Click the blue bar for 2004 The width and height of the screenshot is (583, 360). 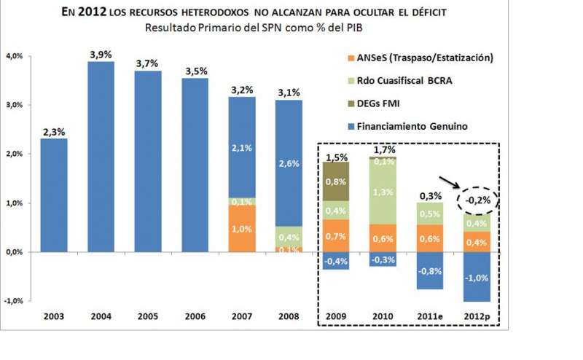pyautogui.click(x=101, y=157)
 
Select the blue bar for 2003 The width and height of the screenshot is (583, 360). pyautogui.click(x=53, y=195)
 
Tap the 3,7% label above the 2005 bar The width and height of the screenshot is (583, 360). pyautogui.click(x=148, y=64)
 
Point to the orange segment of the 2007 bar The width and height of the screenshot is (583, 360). pyautogui.click(x=242, y=229)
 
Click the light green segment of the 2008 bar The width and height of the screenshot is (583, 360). pyautogui.click(x=289, y=238)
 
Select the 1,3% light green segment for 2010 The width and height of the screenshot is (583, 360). pyautogui.click(x=383, y=192)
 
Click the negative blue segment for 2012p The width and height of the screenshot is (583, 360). pyautogui.click(x=477, y=276)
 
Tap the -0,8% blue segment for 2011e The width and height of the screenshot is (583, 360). pyautogui.click(x=431, y=270)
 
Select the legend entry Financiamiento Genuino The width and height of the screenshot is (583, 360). pyautogui.click(x=418, y=127)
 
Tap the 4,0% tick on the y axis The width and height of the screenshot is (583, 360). pyautogui.click(x=17, y=56)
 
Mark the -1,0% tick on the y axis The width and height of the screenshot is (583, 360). pyautogui.click(x=15, y=301)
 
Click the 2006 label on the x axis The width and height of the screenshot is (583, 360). pyautogui.click(x=195, y=317)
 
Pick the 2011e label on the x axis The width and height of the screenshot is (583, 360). pyautogui.click(x=431, y=317)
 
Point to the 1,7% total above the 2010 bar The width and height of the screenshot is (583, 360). pyautogui.click(x=383, y=150)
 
